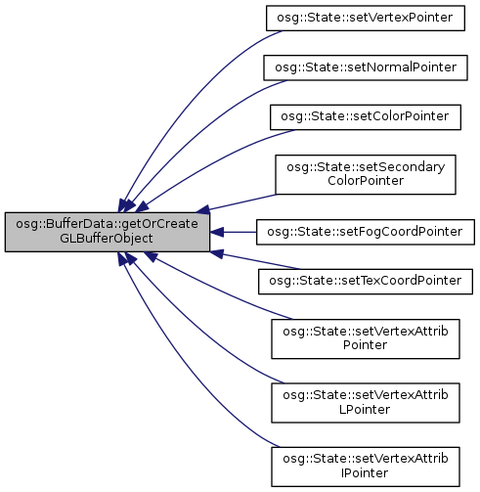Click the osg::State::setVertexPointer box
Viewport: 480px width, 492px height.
point(366,18)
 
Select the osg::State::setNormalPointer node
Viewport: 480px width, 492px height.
point(366,67)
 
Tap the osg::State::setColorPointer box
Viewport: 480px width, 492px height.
point(366,117)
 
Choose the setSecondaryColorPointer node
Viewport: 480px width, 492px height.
point(366,175)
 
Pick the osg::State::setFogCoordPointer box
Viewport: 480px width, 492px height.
point(366,232)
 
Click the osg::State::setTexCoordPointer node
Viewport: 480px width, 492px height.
point(366,282)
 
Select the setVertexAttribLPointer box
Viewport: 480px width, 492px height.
point(366,403)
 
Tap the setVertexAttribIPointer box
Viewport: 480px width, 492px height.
point(366,467)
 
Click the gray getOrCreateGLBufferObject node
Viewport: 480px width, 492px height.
point(108,232)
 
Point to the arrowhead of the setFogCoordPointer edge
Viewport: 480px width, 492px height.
point(217,232)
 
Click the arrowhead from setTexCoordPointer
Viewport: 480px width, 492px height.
point(217,254)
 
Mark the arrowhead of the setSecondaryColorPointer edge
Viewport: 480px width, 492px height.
point(203,209)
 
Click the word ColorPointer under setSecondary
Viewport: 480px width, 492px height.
point(366,181)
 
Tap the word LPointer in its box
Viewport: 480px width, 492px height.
point(365,410)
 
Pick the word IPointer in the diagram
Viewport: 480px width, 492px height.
point(365,473)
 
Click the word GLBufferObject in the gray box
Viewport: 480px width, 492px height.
point(107,239)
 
